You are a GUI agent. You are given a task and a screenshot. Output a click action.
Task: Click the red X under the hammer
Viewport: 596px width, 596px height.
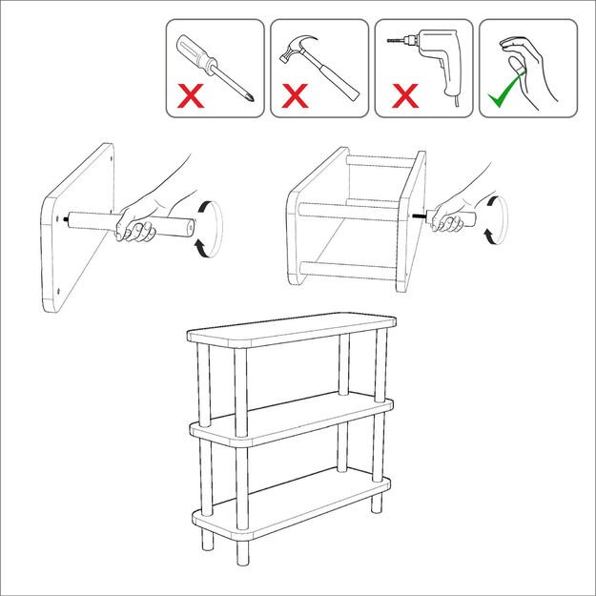(297, 96)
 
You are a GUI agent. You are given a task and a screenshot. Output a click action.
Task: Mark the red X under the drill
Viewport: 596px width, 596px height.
(405, 96)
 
